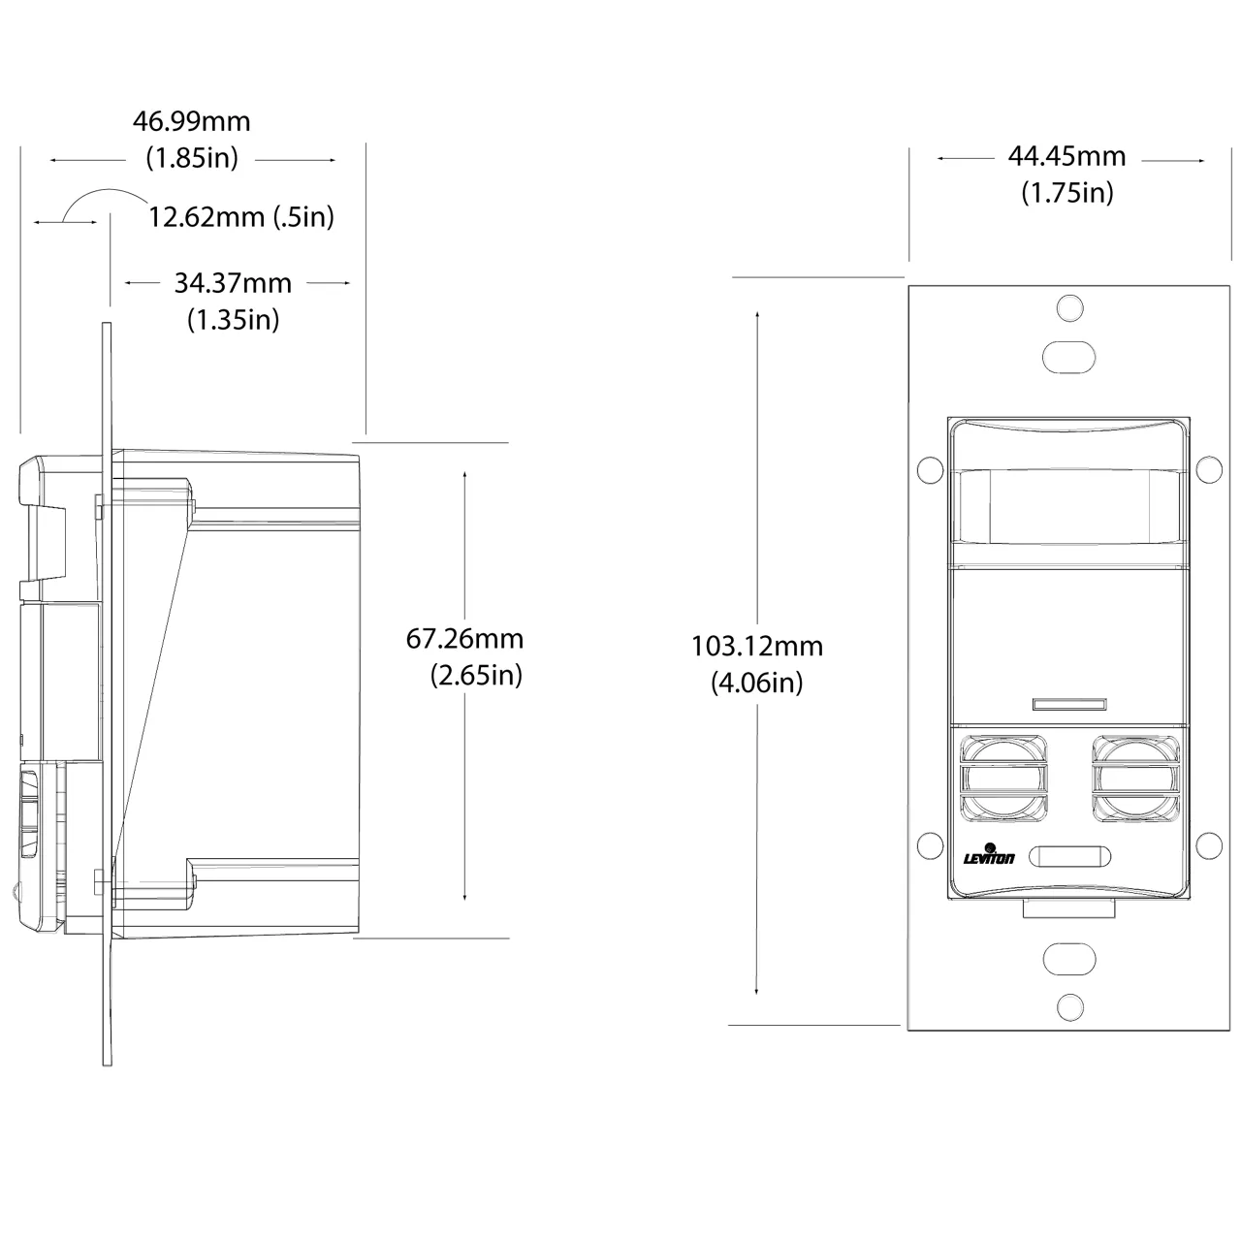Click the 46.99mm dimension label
[191, 122]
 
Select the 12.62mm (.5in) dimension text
[241, 217]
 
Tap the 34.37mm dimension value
[233, 283]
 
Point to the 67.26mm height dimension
[464, 639]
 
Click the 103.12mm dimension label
[756, 647]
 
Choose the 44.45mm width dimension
[1067, 156]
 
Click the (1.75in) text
[1067, 193]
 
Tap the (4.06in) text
[756, 683]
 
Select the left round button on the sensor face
[1003, 779]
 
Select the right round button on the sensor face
[1136, 779]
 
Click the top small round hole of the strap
[1069, 307]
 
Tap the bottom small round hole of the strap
[1069, 1007]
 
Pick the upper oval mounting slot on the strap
[1069, 358]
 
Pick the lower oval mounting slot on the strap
[1069, 960]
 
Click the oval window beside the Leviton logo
[1069, 856]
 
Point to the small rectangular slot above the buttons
[1069, 704]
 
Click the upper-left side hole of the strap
[930, 470]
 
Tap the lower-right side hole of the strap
[1209, 845]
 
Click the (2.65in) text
[476, 676]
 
